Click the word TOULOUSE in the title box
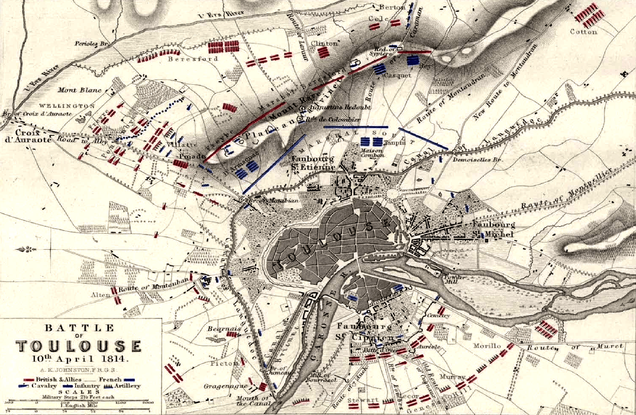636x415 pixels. click(x=79, y=346)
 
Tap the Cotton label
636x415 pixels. click(x=583, y=32)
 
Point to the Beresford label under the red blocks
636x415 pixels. click(x=193, y=59)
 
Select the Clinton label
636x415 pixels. click(x=324, y=43)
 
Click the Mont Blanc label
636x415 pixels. click(x=79, y=90)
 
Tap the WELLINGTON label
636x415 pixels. click(x=67, y=106)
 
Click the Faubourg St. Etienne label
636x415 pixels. click(x=313, y=163)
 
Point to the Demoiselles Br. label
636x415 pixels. click(x=477, y=160)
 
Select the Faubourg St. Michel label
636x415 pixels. click(x=493, y=229)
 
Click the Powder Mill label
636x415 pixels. click(x=454, y=279)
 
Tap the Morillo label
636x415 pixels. click(x=486, y=346)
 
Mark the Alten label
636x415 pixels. click(x=100, y=295)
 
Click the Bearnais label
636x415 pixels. click(x=219, y=329)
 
